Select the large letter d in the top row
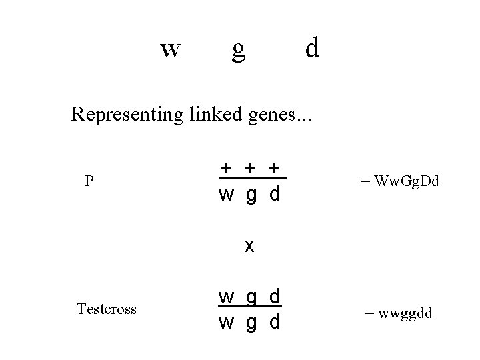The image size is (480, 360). tap(312, 47)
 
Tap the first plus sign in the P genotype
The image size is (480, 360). tap(227, 167)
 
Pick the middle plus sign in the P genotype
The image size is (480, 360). tap(250, 167)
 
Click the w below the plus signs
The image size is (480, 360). tap(227, 195)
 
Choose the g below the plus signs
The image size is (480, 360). tap(251, 197)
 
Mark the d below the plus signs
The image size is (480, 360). tap(274, 194)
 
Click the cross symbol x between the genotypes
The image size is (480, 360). tap(249, 246)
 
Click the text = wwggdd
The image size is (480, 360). tap(397, 312)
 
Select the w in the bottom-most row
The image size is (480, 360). tap(227, 323)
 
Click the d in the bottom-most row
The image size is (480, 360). tap(274, 322)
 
